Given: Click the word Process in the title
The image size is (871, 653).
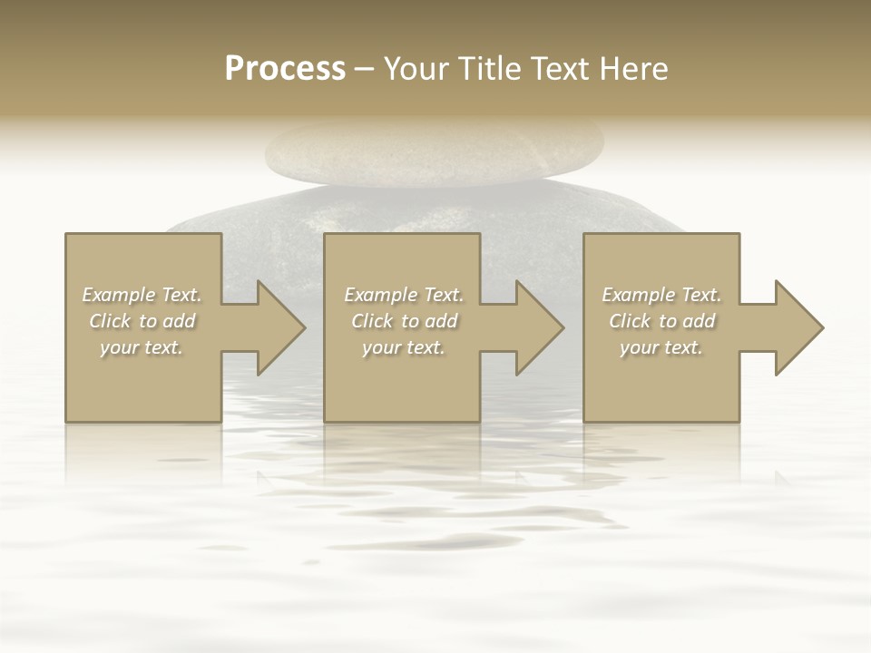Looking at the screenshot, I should (285, 69).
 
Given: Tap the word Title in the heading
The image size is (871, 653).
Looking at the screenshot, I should (486, 69).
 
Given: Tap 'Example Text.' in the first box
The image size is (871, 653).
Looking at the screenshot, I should (142, 295).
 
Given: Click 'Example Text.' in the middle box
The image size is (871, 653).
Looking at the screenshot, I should (403, 295).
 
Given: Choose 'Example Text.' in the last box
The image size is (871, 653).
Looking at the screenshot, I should (661, 295).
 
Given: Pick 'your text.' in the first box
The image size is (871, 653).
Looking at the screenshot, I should (142, 347).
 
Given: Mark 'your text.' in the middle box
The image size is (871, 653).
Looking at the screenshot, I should (403, 347).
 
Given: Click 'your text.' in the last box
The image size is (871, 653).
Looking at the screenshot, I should (661, 347).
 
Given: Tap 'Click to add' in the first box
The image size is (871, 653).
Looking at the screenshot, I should (142, 321).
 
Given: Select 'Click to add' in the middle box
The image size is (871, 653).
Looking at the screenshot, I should (403, 321).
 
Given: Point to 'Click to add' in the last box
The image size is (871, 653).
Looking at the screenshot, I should (661, 321).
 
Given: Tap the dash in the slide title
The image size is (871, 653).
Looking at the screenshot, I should (365, 69).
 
